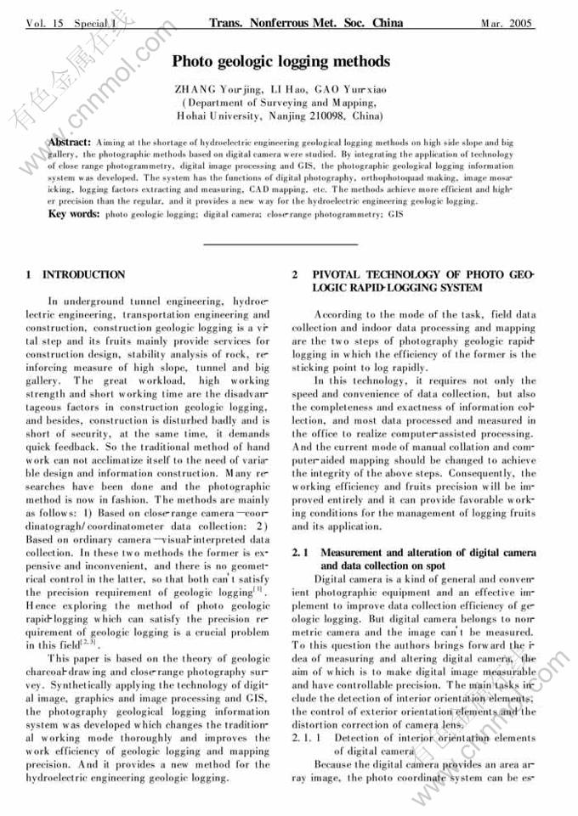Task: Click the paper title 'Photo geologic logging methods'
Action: (x=281, y=61)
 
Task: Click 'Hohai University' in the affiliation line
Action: (x=212, y=115)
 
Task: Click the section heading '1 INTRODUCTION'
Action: (x=76, y=275)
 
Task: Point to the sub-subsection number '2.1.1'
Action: (x=306, y=739)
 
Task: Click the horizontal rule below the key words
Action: (x=281, y=245)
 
